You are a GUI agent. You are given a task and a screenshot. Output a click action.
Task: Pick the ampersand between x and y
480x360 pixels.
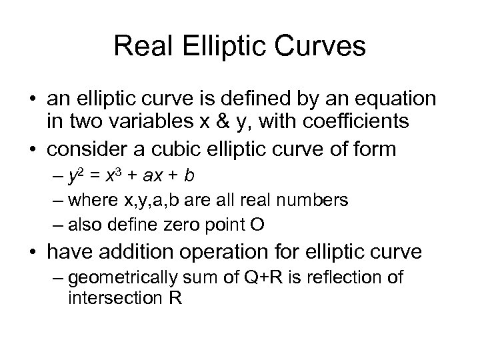click(x=228, y=122)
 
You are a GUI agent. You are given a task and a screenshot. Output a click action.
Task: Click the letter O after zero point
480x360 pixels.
click(x=258, y=225)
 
